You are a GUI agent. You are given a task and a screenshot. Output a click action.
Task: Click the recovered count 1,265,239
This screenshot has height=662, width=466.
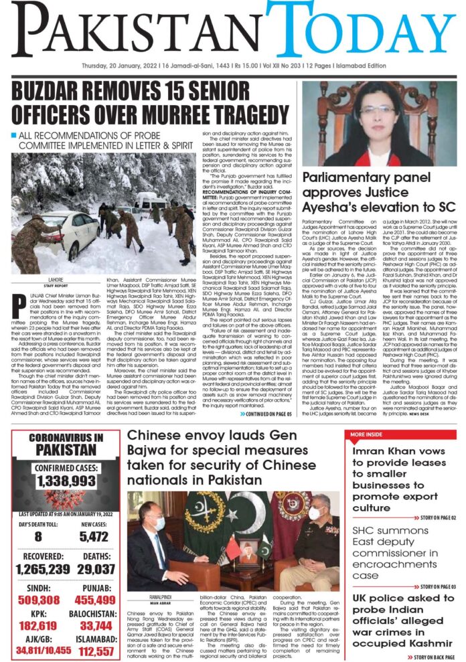click(x=41, y=569)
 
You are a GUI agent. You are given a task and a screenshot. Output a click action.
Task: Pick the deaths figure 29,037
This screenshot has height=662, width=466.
click(x=98, y=569)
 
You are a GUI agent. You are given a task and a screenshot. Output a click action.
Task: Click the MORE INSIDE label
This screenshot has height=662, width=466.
click(x=368, y=435)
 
